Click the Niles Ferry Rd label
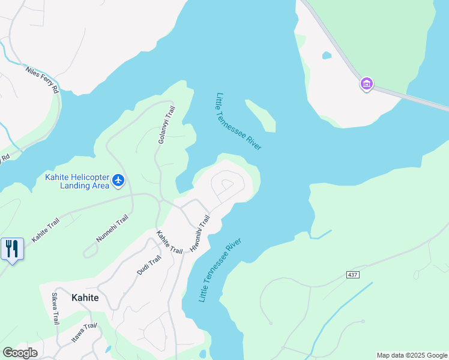[x=41, y=80]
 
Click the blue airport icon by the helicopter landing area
[x=118, y=179]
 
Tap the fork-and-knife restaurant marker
[x=12, y=248]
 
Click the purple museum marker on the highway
[x=366, y=84]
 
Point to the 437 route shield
[x=353, y=275]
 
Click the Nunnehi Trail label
[x=112, y=229]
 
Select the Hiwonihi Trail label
[x=199, y=233]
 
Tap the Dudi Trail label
[x=149, y=265]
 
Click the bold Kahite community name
[x=85, y=298]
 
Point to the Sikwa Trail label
[x=55, y=308]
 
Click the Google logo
[x=20, y=353]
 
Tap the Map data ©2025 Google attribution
[x=412, y=355]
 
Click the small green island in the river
[x=262, y=115]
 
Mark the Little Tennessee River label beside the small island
[x=238, y=122]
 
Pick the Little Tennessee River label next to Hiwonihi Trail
[x=220, y=270]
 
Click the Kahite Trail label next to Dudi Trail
[x=169, y=242]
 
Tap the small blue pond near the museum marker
[x=327, y=55]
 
